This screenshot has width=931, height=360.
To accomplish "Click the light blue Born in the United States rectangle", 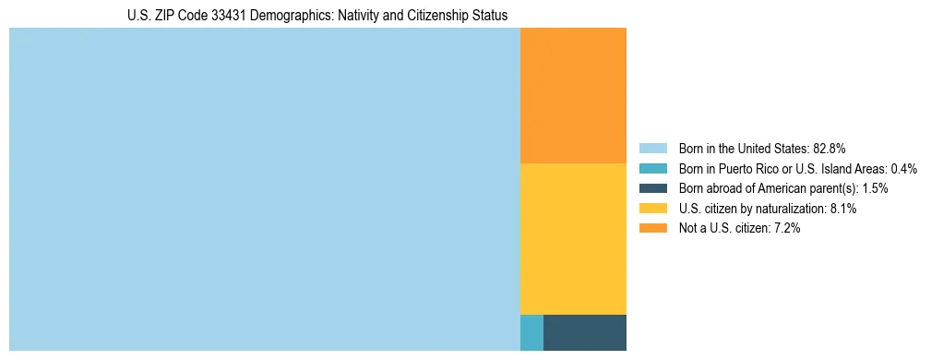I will [x=265, y=189].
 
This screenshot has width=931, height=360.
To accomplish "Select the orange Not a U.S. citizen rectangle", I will [x=573, y=95].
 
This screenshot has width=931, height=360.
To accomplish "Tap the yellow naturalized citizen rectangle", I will [x=573, y=238].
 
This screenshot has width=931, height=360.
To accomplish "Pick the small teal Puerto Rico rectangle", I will [x=531, y=332].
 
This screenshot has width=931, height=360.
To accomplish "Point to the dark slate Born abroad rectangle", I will [x=584, y=332].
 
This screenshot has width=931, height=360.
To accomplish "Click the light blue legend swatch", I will [x=653, y=149].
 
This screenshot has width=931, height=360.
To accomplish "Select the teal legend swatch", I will [x=653, y=169].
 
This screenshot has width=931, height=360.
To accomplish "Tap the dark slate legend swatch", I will [x=653, y=188].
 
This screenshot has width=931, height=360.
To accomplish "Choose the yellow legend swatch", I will [x=653, y=209].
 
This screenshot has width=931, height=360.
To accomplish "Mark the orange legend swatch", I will [x=653, y=229].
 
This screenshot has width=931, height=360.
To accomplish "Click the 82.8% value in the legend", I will [x=830, y=149].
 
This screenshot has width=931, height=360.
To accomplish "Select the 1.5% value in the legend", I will [x=875, y=188].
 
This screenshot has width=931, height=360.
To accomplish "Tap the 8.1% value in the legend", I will [x=843, y=209].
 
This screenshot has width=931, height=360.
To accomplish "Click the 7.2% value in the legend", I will [x=786, y=229].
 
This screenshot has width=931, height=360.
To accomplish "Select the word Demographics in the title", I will [x=292, y=16].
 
